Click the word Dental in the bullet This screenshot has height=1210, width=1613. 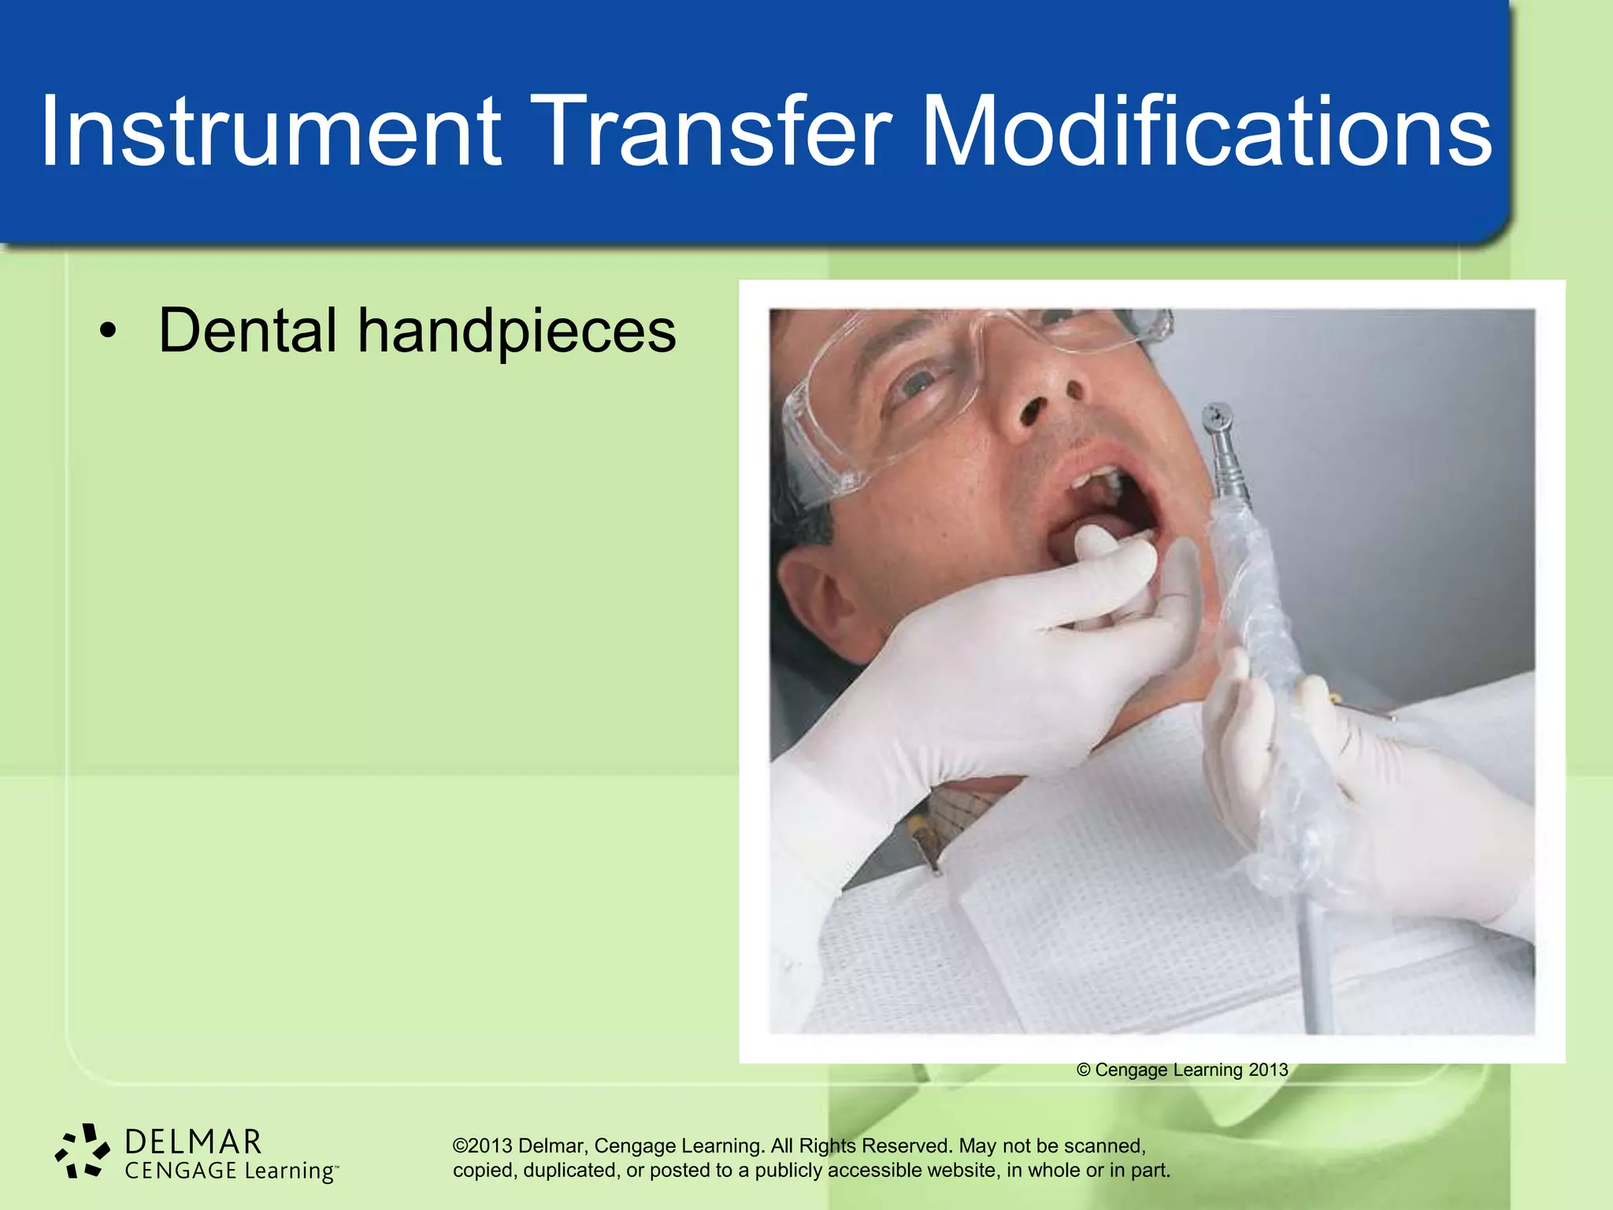[x=248, y=331]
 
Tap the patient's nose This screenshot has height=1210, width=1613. [x=1040, y=394]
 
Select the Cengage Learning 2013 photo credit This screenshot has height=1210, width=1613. [x=1181, y=1070]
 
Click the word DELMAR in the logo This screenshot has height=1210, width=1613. [x=193, y=1141]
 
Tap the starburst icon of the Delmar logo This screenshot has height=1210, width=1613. [x=82, y=1152]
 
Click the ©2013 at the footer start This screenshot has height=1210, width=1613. [x=482, y=1145]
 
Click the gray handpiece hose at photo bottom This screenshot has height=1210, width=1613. [x=1315, y=969]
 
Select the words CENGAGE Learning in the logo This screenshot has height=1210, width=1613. [x=230, y=1171]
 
